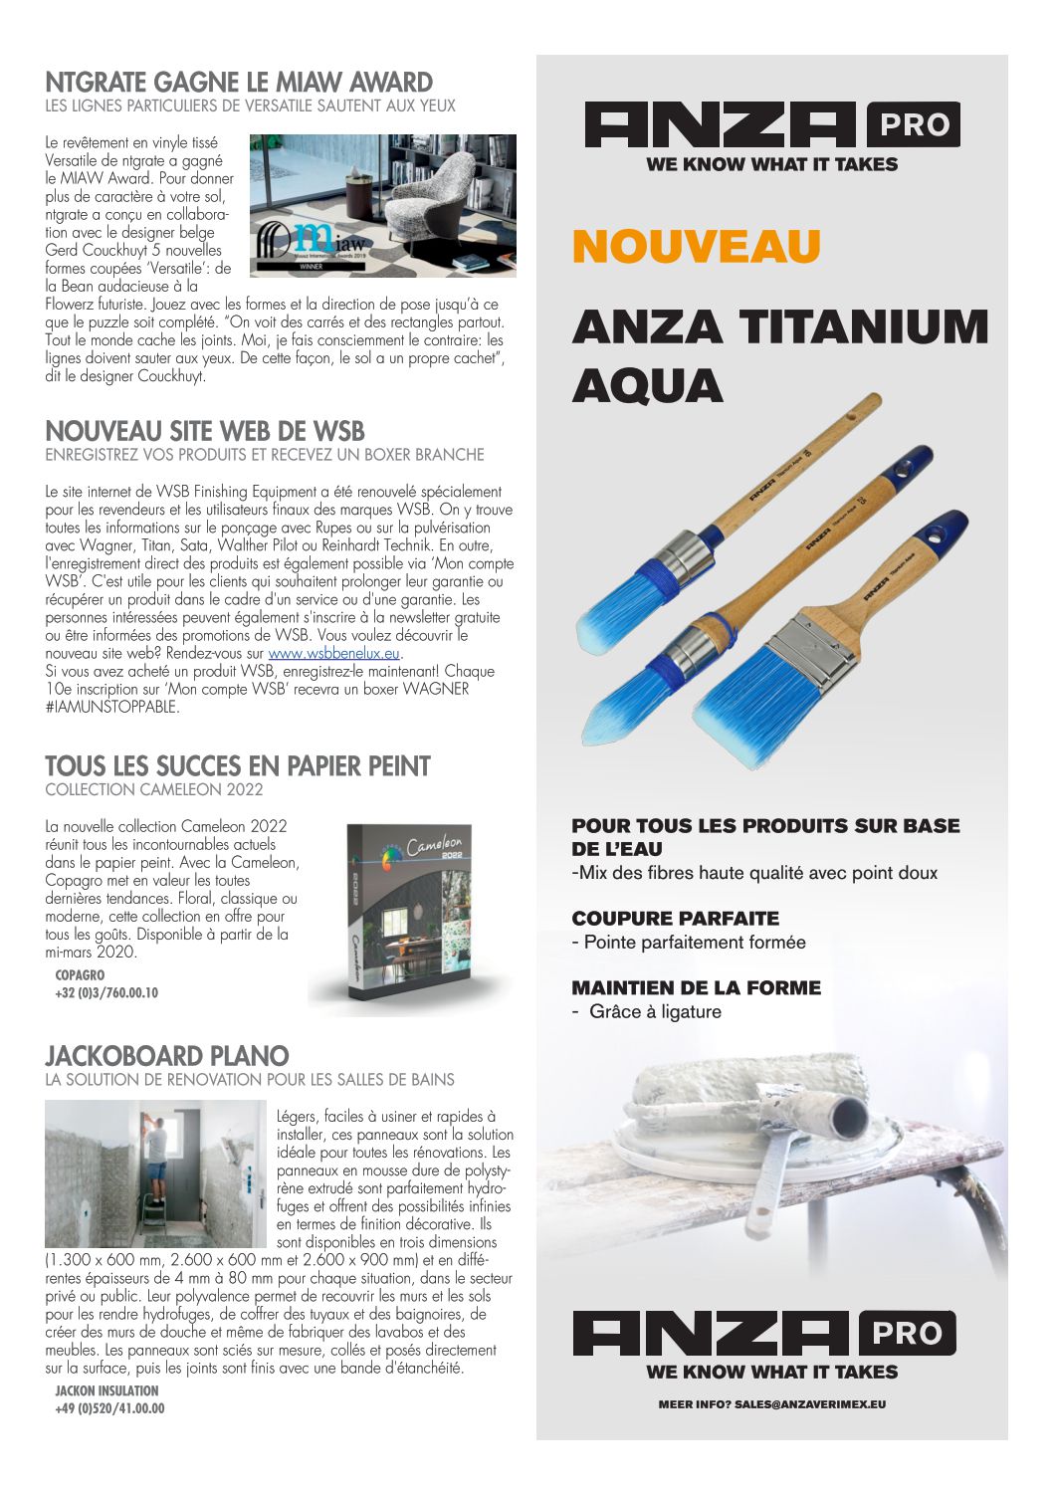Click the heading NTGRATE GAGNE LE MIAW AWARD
[239, 82]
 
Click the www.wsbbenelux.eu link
[333, 653]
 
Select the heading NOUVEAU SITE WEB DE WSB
[205, 431]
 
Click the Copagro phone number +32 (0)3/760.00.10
[106, 992]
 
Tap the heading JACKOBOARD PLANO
[167, 1055]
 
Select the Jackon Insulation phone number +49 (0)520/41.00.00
[109, 1408]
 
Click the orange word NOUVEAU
[696, 247]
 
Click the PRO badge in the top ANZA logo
[914, 124]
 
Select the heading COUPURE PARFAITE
[675, 918]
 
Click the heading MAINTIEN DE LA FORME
[696, 987]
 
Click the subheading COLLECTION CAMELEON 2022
[154, 789]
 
